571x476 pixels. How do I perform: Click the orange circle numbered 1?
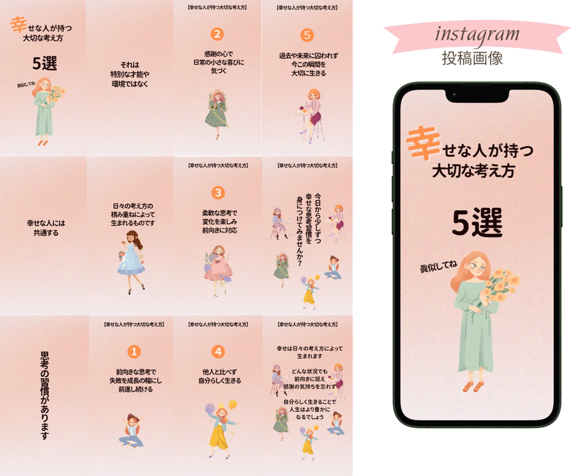[x=134, y=351]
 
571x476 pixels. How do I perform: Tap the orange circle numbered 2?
[x=217, y=34]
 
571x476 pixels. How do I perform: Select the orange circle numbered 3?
[x=218, y=193]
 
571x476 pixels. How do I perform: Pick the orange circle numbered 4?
[x=218, y=351]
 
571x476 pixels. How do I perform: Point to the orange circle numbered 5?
[x=307, y=35]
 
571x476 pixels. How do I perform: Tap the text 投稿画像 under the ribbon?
[x=472, y=58]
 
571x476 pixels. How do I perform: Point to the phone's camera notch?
[x=477, y=95]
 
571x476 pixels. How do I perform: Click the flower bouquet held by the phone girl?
[x=502, y=286]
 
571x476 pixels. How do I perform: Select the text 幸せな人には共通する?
[x=46, y=228]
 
